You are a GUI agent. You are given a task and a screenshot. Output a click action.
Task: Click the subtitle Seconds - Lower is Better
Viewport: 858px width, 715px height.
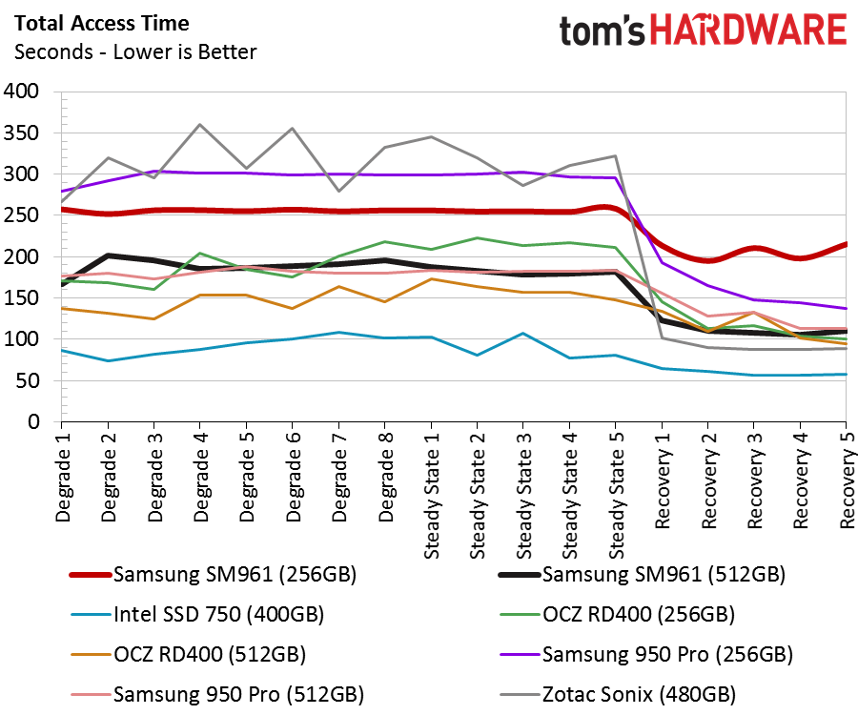pos(134,51)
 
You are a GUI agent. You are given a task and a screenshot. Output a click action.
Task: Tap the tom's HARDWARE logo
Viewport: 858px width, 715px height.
pos(703,31)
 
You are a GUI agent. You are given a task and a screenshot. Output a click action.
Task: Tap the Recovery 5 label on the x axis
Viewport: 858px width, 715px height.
pos(847,481)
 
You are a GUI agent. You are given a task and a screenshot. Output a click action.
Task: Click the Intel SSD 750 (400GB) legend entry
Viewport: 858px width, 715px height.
pos(218,614)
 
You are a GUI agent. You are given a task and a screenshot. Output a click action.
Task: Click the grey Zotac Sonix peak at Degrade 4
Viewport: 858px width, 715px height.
pos(199,124)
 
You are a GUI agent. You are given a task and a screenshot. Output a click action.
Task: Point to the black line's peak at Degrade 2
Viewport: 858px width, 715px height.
pos(108,255)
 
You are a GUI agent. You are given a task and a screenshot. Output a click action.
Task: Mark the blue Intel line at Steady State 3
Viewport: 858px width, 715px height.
pos(522,334)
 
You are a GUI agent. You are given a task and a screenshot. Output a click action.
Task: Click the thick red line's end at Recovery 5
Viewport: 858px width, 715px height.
pos(846,244)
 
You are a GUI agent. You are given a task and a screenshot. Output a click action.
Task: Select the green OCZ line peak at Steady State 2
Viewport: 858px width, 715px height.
pos(477,238)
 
